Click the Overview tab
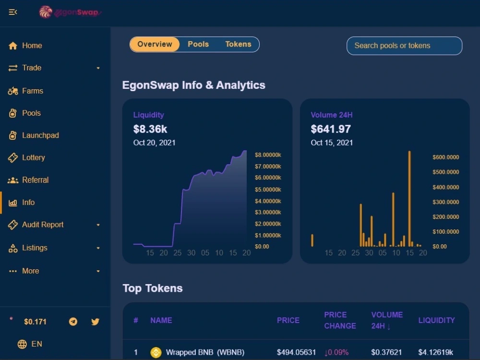click(x=155, y=44)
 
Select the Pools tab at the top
click(x=198, y=44)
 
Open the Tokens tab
click(x=238, y=44)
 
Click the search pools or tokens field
click(x=404, y=46)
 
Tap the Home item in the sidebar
click(x=25, y=46)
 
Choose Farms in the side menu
click(x=25, y=91)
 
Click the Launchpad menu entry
click(x=34, y=135)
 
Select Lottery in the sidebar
click(x=26, y=157)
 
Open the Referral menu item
click(x=28, y=180)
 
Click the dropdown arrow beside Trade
click(x=98, y=68)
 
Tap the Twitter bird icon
click(x=95, y=322)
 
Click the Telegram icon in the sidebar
click(x=73, y=322)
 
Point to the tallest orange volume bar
click(x=409, y=199)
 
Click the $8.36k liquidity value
click(x=150, y=129)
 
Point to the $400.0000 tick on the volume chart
click(x=446, y=187)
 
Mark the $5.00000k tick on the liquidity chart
click(x=268, y=190)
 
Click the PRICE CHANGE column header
click(x=340, y=320)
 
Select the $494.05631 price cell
click(x=296, y=352)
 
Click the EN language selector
click(x=30, y=344)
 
